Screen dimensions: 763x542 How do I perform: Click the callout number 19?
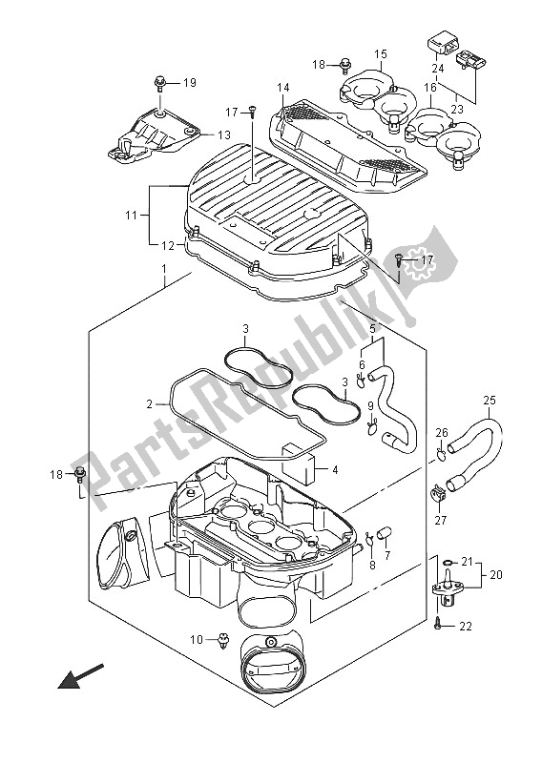tap(189, 83)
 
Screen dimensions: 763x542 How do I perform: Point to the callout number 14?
tap(282, 89)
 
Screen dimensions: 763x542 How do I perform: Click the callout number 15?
tap(379, 53)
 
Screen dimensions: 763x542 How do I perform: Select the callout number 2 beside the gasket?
tap(150, 404)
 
